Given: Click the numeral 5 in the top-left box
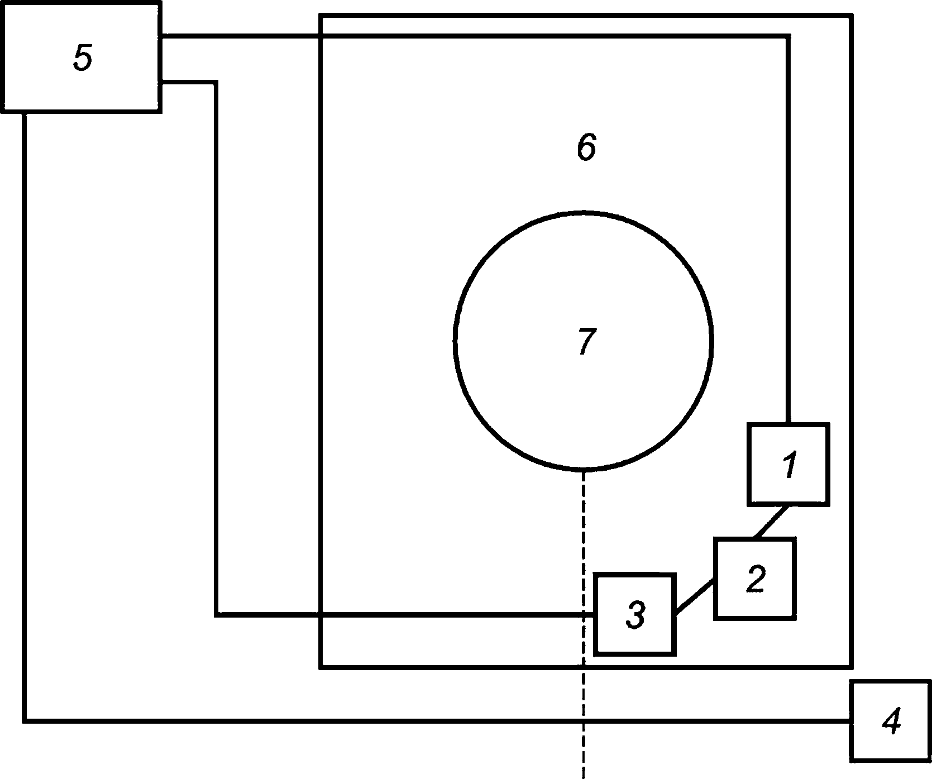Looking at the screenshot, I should tap(82, 58).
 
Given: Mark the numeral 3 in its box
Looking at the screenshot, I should tap(635, 614).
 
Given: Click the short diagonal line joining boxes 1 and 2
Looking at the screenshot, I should tap(771, 522).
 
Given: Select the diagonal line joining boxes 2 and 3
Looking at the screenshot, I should tap(695, 598).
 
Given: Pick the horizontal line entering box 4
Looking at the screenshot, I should tap(447, 721).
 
